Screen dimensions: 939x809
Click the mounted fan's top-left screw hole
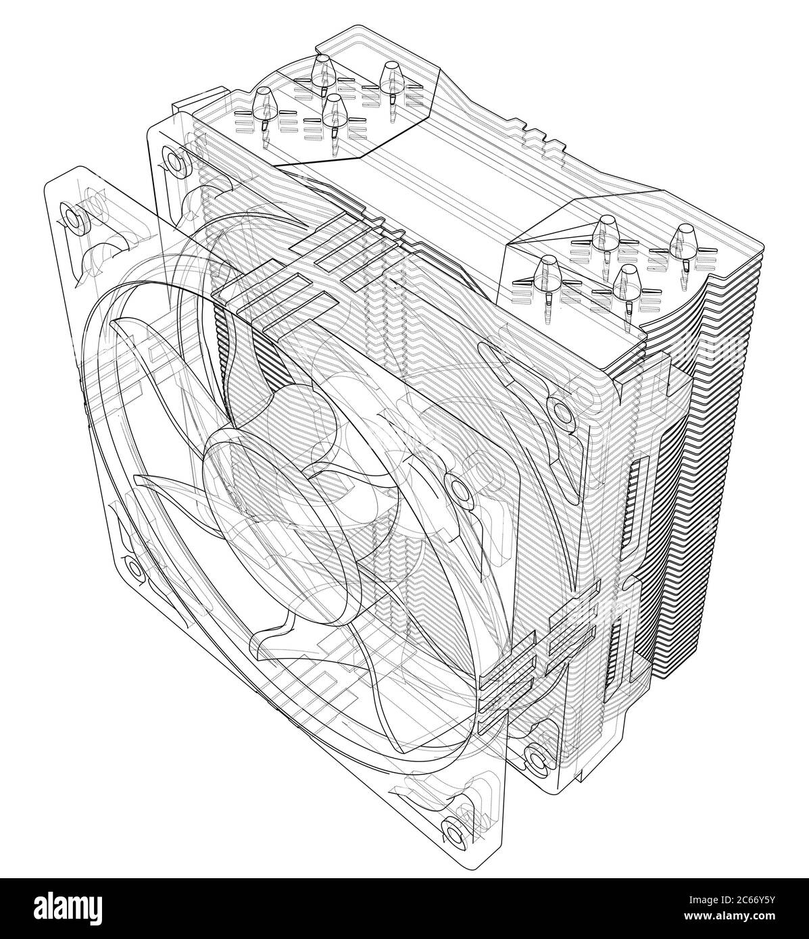point(173,160)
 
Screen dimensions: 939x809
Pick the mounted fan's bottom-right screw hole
point(535,760)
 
